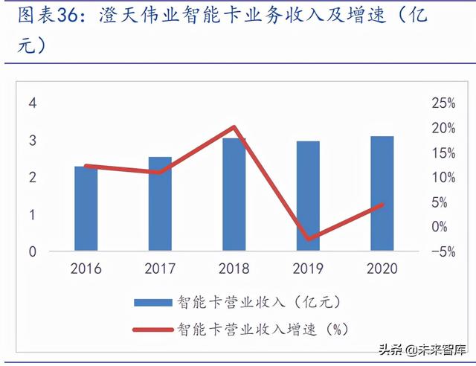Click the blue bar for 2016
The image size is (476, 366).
[86, 209]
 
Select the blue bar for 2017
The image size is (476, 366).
[159, 205]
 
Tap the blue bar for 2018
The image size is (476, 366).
[234, 195]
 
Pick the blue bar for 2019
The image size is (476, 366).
[308, 196]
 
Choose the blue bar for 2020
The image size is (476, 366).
[382, 194]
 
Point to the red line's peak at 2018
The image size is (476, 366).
[234, 127]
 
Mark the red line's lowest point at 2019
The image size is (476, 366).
[308, 239]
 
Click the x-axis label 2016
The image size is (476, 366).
[86, 269]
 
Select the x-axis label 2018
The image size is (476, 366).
[234, 269]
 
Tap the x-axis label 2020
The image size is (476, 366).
[382, 269]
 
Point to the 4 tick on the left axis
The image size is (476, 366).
[32, 103]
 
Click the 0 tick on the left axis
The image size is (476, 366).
[32, 251]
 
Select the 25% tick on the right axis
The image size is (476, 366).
[443, 103]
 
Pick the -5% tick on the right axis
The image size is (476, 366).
[443, 251]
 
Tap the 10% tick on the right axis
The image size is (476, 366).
[443, 177]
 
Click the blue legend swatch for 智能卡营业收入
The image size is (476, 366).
[152, 302]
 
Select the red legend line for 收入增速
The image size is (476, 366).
[152, 327]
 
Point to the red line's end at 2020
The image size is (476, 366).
[382, 205]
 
